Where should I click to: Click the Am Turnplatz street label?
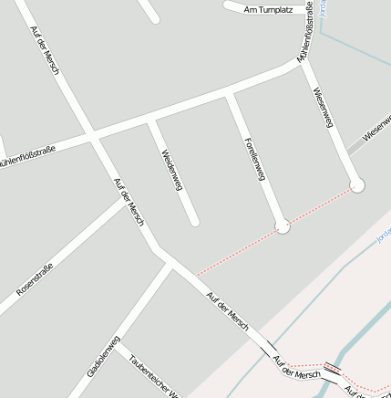click(268, 9)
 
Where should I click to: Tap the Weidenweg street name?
click(171, 170)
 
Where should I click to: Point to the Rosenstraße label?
click(36, 279)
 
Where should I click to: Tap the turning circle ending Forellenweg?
click(283, 225)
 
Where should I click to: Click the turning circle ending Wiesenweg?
click(356, 185)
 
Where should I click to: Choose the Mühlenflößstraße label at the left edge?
click(27, 153)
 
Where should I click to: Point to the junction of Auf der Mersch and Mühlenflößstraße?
click(92, 138)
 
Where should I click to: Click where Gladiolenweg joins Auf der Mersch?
click(169, 265)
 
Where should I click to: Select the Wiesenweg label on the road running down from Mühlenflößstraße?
click(324, 110)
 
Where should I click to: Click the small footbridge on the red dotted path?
click(334, 370)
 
